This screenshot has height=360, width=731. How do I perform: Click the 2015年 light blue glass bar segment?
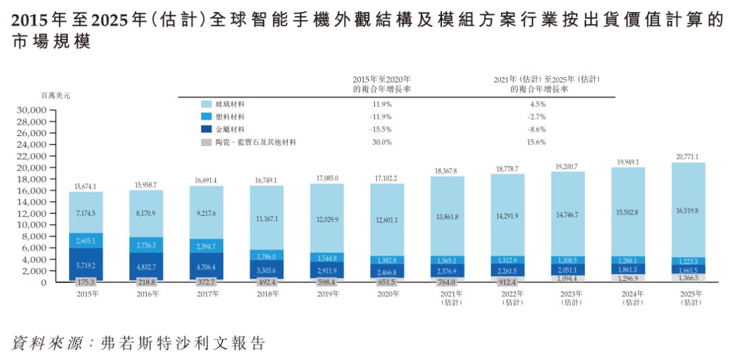click(x=86, y=212)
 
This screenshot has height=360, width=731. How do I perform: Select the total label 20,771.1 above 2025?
click(x=688, y=156)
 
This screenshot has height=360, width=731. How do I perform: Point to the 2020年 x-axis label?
click(x=387, y=294)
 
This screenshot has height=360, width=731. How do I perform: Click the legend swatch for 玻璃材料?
click(x=207, y=104)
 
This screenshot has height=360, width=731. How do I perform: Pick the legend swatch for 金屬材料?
click(x=207, y=129)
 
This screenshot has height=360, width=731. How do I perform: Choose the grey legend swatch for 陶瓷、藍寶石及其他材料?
click(x=207, y=142)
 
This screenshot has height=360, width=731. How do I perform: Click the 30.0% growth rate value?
click(x=382, y=142)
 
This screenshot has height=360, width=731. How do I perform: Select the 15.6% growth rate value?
click(x=537, y=142)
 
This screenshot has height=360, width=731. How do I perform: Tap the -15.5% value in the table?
click(x=382, y=129)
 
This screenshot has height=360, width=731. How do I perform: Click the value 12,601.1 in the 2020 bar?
click(x=387, y=219)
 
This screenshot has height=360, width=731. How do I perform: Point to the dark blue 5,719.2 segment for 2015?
click(x=86, y=264)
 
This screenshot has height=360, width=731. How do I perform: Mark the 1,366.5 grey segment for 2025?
click(x=688, y=277)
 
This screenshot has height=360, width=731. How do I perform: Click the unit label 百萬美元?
click(x=56, y=95)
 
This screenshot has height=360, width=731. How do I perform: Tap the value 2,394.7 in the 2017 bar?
click(x=206, y=246)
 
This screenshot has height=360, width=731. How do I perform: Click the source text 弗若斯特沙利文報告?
click(x=181, y=342)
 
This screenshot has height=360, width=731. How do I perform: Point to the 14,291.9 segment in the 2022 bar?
click(x=508, y=216)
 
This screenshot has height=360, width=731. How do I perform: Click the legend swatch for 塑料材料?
click(x=207, y=116)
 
